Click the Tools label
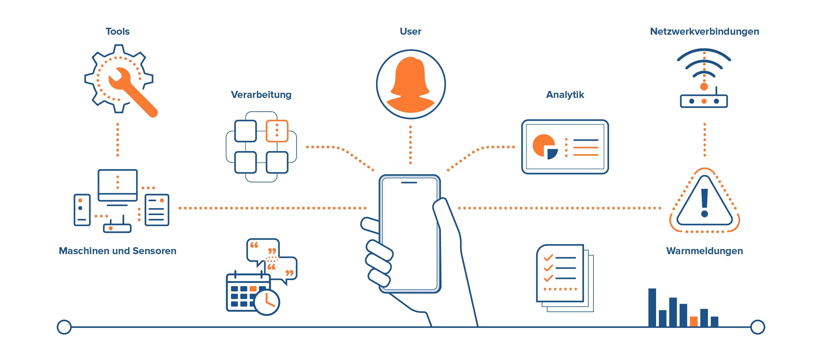[x=117, y=31]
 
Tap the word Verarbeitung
[x=261, y=95]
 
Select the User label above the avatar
[x=410, y=31]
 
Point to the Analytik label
[x=565, y=95]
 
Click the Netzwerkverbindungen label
[x=704, y=31]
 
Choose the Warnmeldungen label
[x=704, y=251]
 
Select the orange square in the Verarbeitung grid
[x=277, y=131]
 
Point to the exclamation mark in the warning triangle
[x=705, y=203]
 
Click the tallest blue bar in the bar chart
[x=652, y=307]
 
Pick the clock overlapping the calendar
[x=267, y=302]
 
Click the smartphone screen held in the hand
[x=409, y=233]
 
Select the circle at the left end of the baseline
[x=64, y=327]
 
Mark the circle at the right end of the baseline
[x=758, y=327]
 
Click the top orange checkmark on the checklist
[x=548, y=257]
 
